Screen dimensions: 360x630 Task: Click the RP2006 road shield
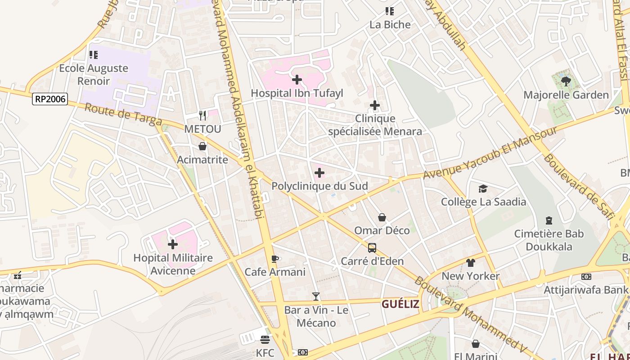[49, 99]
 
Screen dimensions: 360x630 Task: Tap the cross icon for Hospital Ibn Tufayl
[297, 80]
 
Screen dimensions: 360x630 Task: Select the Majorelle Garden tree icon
[566, 81]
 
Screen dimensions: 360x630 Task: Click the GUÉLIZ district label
[400, 304]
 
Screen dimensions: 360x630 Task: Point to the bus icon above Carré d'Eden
[372, 248]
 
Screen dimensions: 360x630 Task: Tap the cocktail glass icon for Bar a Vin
[316, 297]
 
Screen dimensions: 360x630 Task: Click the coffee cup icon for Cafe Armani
[275, 259]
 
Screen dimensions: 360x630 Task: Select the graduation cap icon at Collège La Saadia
[483, 189]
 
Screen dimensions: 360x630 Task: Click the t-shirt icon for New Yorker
[471, 263]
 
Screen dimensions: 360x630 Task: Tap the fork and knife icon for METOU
[202, 116]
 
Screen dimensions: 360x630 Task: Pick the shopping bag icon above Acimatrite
[202, 146]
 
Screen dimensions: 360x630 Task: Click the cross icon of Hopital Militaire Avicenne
[173, 245]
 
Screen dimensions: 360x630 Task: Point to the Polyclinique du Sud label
[319, 186]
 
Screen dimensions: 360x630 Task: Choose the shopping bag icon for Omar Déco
[382, 218]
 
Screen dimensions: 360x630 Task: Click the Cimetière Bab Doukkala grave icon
[549, 220]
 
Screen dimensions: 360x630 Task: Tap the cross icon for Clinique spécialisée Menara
[375, 106]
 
